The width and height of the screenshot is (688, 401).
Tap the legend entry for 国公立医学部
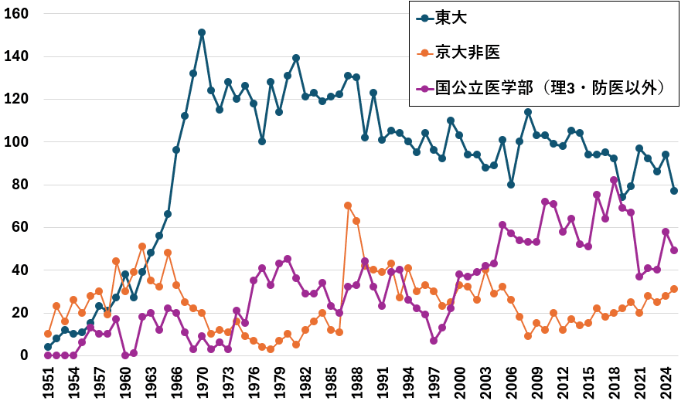pyautogui.click(x=550, y=87)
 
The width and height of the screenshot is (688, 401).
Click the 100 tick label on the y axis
pyautogui.click(x=19, y=142)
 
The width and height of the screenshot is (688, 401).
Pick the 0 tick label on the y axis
pyautogui.click(x=26, y=355)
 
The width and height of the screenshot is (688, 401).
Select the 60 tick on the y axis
pyautogui.click(x=22, y=227)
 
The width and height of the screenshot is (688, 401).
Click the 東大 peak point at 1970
pyautogui.click(x=202, y=32)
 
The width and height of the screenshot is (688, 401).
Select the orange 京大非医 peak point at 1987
pyautogui.click(x=348, y=206)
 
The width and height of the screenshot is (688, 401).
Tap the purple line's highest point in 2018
pyautogui.click(x=614, y=180)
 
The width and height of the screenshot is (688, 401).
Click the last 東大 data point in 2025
pyautogui.click(x=673, y=191)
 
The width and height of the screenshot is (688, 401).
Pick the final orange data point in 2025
pyautogui.click(x=673, y=289)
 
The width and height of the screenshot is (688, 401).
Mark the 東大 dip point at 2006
pyautogui.click(x=511, y=185)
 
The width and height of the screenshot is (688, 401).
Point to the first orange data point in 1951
pyautogui.click(x=48, y=334)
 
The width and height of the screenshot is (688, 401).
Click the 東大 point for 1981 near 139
pyautogui.click(x=296, y=58)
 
